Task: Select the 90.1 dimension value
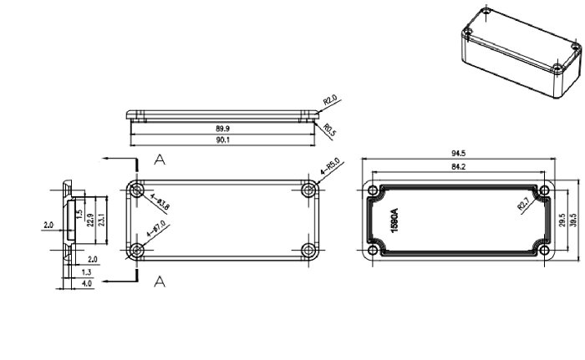pos(223,141)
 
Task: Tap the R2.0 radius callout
pos(329,104)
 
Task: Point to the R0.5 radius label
pos(329,130)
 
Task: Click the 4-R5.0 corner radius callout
pos(329,167)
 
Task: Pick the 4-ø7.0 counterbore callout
pos(155,226)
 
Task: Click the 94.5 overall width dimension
pos(458,154)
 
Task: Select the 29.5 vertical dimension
pos(562,219)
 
